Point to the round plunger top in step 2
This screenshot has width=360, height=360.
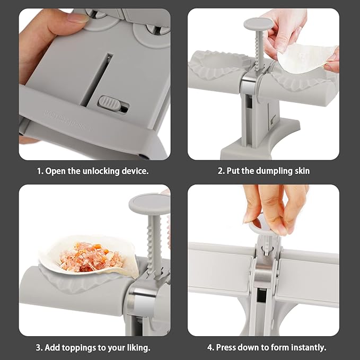[258, 24]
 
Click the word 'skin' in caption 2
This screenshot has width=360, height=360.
[302, 171]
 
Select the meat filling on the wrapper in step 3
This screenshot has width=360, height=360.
[91, 257]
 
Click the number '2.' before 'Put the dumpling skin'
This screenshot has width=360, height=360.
[221, 171]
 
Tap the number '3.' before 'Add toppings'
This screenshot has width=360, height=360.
[39, 348]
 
